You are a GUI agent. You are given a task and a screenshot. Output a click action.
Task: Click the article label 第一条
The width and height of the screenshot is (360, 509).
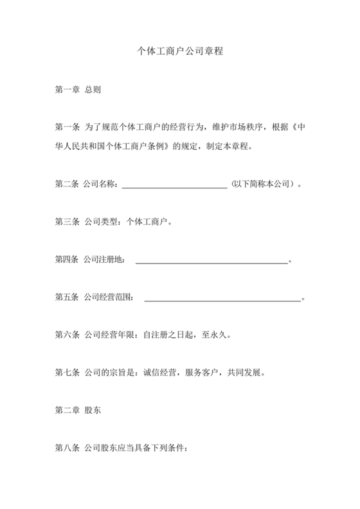pos(67,127)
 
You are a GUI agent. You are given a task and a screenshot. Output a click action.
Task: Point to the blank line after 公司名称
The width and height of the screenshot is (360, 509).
pos(174,186)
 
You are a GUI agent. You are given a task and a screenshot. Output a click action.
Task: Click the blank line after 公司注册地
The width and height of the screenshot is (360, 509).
pos(212,261)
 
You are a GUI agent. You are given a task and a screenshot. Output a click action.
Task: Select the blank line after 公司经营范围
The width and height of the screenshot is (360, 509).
pos(222,298)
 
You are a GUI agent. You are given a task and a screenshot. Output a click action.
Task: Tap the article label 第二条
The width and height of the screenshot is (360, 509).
pos(67,185)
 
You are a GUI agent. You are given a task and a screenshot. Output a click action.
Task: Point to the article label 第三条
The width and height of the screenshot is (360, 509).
pos(67,222)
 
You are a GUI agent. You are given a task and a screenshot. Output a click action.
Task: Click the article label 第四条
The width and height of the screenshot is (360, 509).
pos(67,260)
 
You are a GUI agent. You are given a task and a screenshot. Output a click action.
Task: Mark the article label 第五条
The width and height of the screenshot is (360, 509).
pos(67,298)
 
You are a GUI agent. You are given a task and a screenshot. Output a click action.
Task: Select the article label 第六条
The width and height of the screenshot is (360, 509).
pos(67,335)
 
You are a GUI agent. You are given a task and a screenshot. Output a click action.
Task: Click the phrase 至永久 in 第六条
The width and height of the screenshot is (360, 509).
pos(214,335)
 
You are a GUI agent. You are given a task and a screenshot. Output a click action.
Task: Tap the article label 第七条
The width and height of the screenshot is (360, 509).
pos(67,372)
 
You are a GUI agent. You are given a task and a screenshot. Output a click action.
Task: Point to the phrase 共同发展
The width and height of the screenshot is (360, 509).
pos(240,372)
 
